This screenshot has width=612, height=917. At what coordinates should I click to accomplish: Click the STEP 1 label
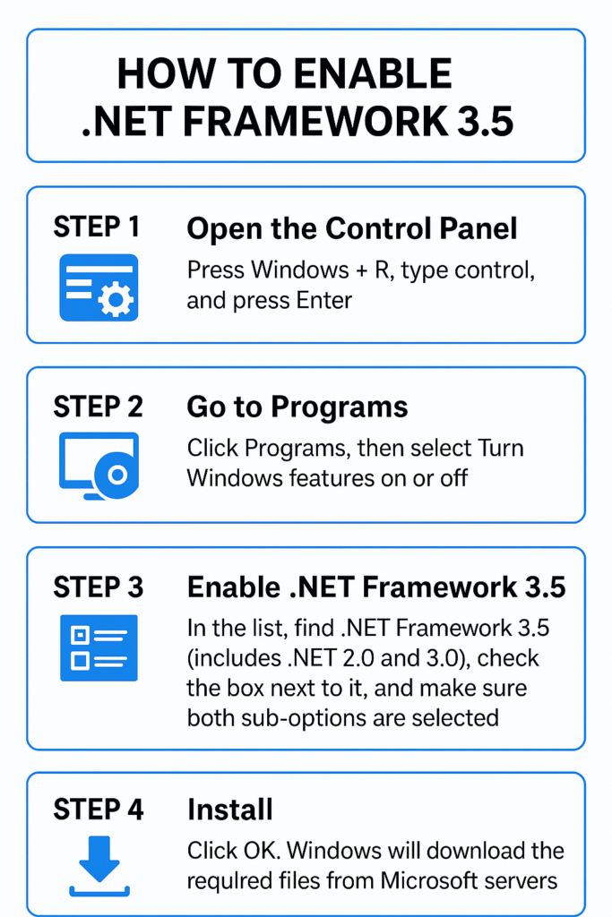(97, 227)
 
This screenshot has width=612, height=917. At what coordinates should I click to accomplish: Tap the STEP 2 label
(99, 407)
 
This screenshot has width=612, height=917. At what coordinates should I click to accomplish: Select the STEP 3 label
(99, 587)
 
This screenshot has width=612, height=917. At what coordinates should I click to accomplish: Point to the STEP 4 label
(99, 810)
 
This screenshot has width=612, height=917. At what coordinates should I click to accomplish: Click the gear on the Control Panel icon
(116, 299)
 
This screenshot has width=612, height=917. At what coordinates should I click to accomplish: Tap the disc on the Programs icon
(117, 475)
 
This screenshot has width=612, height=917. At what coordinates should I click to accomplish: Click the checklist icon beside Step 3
(99, 648)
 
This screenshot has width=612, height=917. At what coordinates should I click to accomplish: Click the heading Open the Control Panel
(352, 228)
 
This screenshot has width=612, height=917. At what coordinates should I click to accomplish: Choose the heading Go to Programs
(297, 407)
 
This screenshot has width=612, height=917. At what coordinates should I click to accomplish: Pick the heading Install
(230, 810)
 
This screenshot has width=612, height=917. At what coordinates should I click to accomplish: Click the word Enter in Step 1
(324, 301)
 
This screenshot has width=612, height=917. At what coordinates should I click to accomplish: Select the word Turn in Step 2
(500, 448)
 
